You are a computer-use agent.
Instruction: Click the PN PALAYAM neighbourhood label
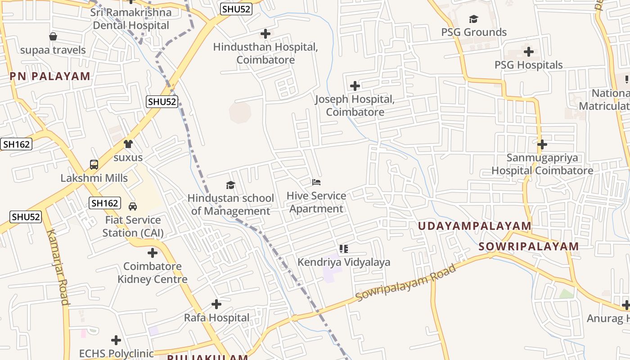click(50, 76)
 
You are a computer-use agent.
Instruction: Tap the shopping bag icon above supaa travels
click(53, 36)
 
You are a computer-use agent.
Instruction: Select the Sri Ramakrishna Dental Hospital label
click(131, 19)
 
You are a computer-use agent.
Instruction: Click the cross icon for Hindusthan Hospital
click(265, 34)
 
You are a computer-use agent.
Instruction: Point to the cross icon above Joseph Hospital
click(355, 85)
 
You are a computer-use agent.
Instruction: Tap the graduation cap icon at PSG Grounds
click(473, 19)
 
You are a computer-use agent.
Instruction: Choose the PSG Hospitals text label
click(528, 65)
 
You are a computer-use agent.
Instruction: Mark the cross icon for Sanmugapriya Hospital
click(542, 144)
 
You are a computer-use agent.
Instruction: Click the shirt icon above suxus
click(128, 144)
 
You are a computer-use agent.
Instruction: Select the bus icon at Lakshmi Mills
click(94, 165)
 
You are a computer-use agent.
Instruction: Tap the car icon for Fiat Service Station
click(133, 207)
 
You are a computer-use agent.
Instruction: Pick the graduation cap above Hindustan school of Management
click(231, 185)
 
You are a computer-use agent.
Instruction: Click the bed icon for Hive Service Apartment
click(316, 182)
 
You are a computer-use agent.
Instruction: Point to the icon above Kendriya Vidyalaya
click(344, 249)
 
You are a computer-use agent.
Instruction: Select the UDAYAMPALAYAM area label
click(475, 226)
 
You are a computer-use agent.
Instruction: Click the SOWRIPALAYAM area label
click(528, 247)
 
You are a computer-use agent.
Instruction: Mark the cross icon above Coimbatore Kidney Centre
click(153, 253)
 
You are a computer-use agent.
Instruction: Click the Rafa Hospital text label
click(216, 318)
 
